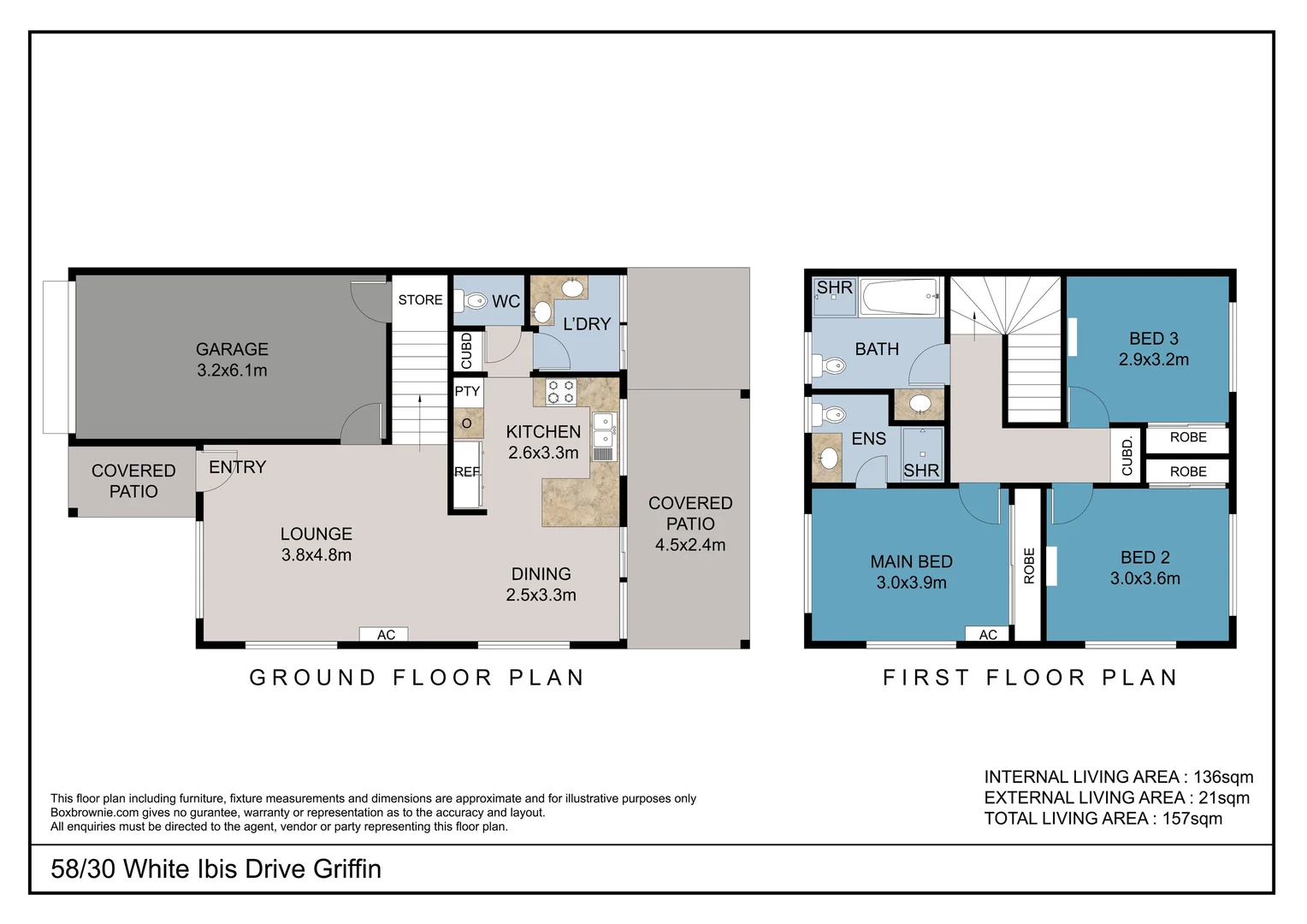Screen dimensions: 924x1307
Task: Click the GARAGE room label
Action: tap(232, 349)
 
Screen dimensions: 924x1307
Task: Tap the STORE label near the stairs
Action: tap(420, 300)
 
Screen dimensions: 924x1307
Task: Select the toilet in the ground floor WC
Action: tap(472, 301)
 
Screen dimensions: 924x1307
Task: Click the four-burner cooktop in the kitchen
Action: tap(561, 393)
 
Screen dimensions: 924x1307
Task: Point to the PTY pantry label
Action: tap(467, 392)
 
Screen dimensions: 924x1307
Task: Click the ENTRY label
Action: tap(238, 467)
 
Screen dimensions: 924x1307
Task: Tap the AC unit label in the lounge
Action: tap(386, 635)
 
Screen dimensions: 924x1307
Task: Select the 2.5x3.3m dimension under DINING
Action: tap(541, 595)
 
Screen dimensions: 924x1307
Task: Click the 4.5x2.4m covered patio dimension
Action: tap(690, 545)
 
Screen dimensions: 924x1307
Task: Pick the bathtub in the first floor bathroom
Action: tap(901, 298)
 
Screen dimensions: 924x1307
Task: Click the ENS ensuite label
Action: tap(868, 439)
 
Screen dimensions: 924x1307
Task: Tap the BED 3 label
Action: tap(1153, 339)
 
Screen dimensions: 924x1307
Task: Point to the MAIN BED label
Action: tap(911, 562)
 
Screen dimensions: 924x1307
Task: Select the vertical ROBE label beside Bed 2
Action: tap(1029, 566)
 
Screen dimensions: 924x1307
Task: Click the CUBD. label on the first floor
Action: tap(1127, 456)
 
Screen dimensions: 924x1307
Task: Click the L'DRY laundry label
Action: tap(587, 324)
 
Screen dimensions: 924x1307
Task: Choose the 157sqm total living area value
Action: tap(1192, 819)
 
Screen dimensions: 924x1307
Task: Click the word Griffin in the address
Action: tap(346, 869)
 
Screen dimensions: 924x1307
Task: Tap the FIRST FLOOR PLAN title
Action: tap(1031, 678)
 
